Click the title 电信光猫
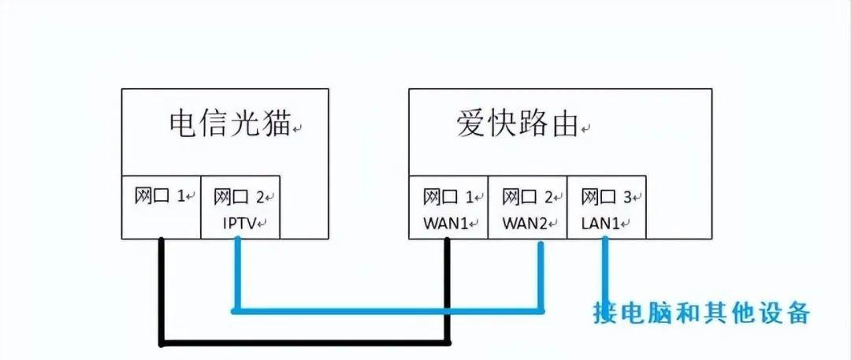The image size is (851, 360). (x=229, y=124)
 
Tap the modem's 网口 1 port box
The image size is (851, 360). (x=162, y=206)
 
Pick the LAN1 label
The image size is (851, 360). (x=601, y=224)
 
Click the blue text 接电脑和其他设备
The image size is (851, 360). (x=701, y=312)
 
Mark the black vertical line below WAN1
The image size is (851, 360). (x=448, y=291)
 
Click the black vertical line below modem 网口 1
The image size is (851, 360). (x=162, y=291)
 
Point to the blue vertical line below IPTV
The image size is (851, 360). (x=235, y=276)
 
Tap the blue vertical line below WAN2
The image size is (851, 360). (x=541, y=276)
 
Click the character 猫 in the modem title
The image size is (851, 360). (x=275, y=124)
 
